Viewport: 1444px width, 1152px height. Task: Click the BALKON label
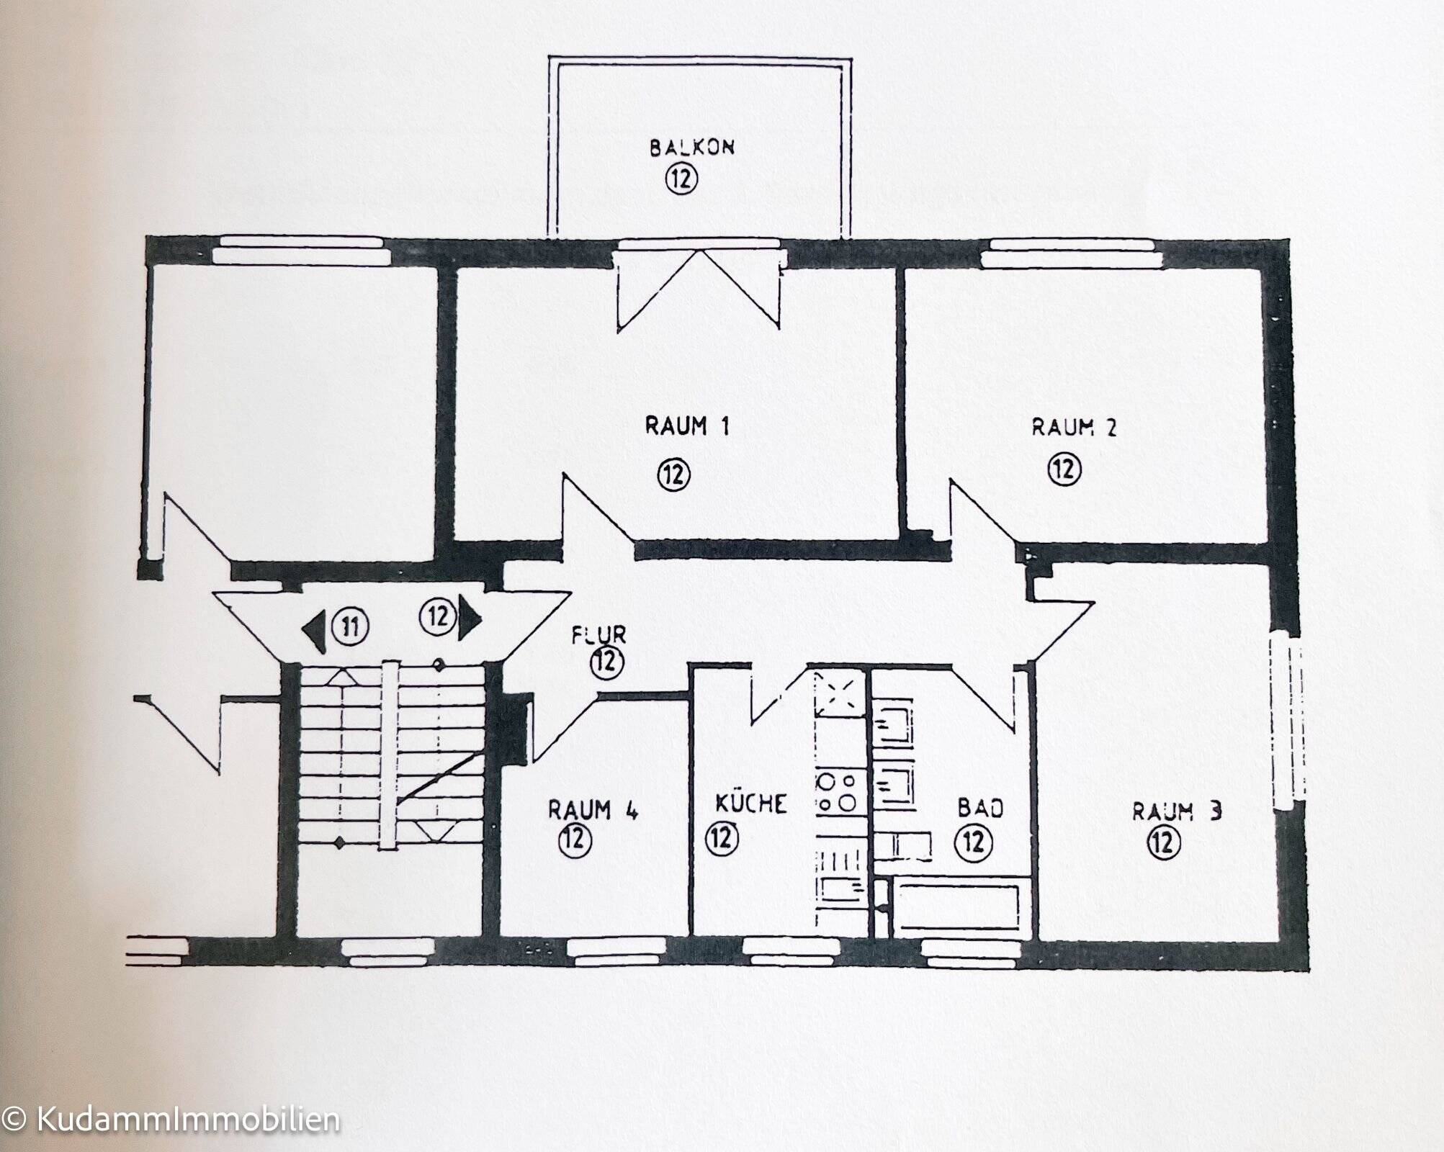pos(692,148)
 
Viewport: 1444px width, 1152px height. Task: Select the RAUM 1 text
pos(686,427)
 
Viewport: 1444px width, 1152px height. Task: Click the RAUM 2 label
pos(1074,428)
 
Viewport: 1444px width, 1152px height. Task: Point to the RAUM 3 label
pos(1176,811)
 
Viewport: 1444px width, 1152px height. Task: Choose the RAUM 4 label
pos(592,810)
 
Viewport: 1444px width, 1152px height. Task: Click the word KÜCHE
pos(750,803)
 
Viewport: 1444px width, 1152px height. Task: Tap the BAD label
pos(980,809)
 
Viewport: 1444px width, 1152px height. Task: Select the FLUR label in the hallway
pos(598,635)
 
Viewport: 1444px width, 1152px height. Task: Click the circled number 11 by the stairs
pos(350,627)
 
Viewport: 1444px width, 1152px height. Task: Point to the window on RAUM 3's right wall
pos(1287,727)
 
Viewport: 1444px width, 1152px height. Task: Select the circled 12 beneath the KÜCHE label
pos(722,837)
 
